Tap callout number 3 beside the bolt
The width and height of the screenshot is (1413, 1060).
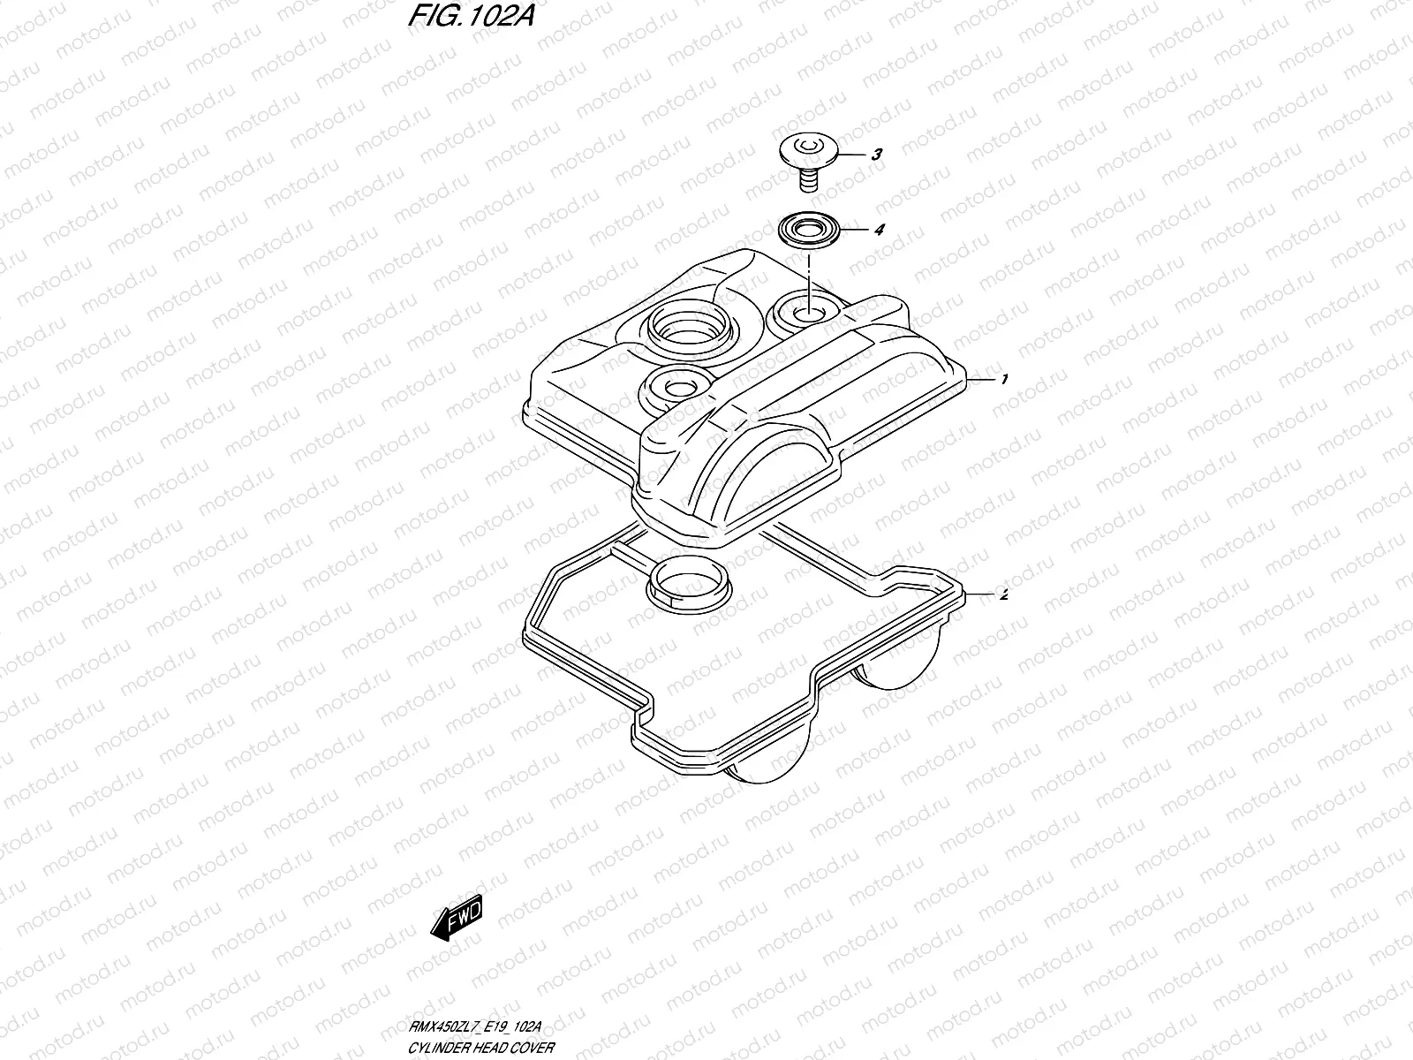pos(876,155)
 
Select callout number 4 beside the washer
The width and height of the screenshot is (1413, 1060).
pos(878,230)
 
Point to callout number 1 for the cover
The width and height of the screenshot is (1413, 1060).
pos(1004,379)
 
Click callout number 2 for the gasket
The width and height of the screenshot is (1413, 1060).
pos(1001,594)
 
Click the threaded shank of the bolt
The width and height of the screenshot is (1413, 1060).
pos(805,181)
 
